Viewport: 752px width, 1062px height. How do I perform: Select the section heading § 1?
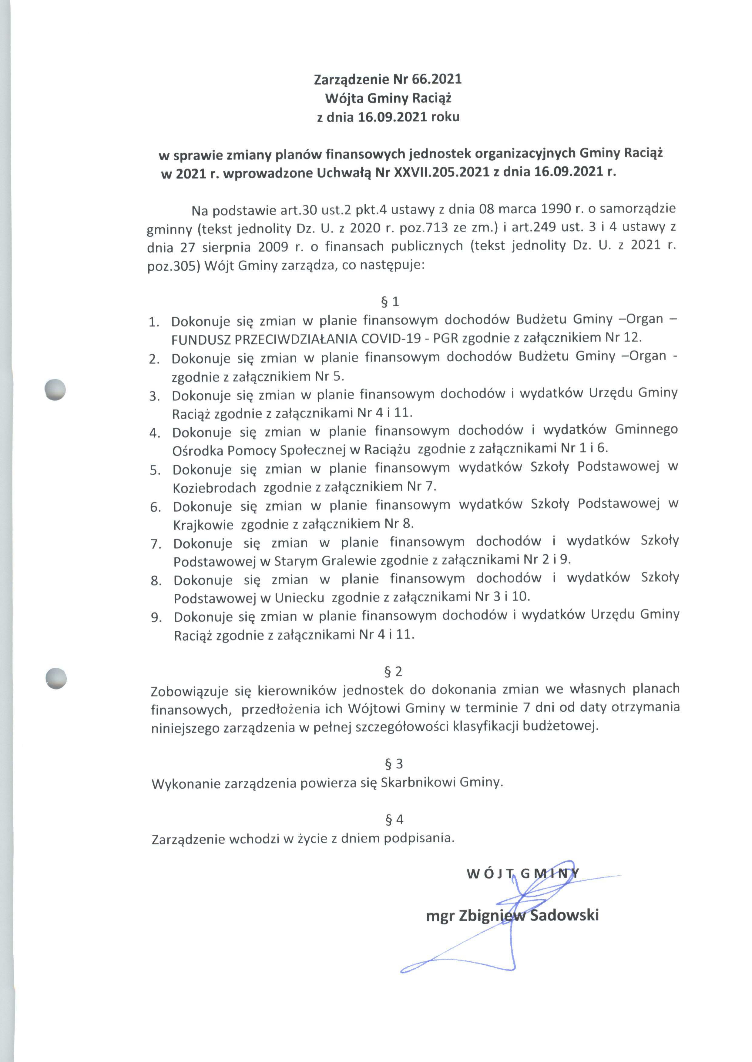(x=389, y=302)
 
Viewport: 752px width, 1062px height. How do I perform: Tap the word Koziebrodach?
(x=214, y=488)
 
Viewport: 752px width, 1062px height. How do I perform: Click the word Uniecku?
(x=299, y=597)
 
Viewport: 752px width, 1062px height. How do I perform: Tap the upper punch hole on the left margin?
(x=55, y=389)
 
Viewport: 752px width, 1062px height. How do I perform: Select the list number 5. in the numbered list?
(x=155, y=470)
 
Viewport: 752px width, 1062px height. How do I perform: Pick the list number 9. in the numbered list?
(x=156, y=618)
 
